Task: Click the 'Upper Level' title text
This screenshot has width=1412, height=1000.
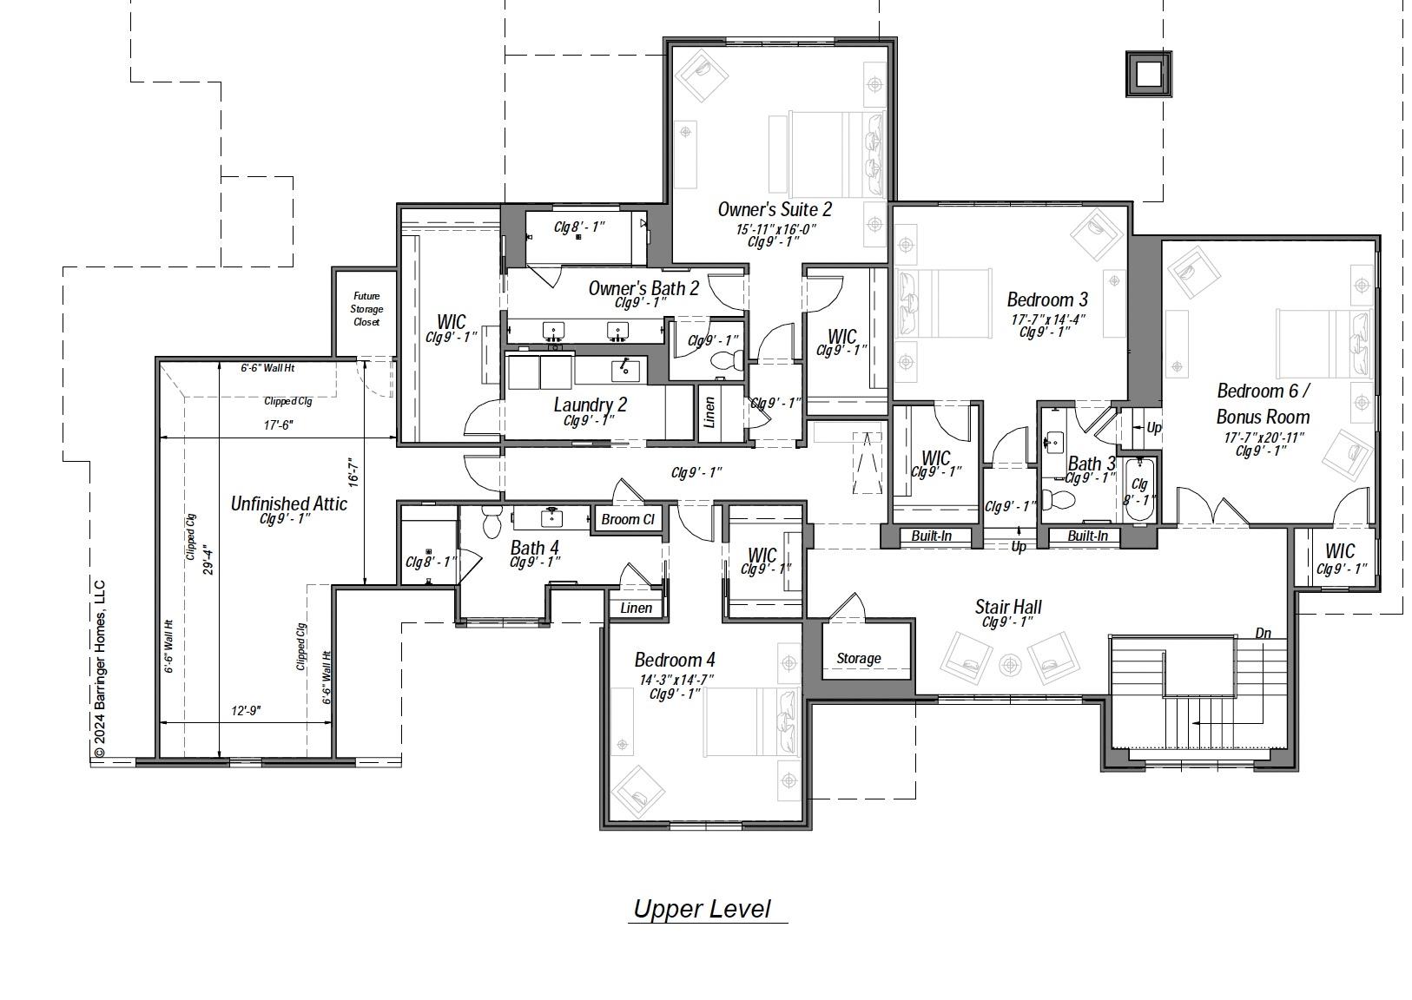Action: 702,909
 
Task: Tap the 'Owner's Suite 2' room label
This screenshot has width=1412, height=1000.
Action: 775,209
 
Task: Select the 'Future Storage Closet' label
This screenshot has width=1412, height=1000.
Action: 366,309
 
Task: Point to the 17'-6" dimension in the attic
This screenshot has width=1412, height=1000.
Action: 278,425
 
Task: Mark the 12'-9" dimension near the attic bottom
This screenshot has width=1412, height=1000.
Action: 247,711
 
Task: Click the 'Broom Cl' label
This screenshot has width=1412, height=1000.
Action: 627,519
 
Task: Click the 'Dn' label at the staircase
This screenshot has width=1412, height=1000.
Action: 1263,633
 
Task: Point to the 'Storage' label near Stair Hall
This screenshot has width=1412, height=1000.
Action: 858,659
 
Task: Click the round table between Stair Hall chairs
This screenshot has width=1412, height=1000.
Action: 1010,666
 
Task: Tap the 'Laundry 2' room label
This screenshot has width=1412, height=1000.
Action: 590,405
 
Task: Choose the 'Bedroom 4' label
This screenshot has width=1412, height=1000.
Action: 674,660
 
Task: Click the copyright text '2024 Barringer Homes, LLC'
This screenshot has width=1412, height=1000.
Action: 99,668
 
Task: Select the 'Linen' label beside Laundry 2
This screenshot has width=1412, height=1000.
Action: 709,411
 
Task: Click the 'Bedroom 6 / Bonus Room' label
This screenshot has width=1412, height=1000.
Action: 1263,404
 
